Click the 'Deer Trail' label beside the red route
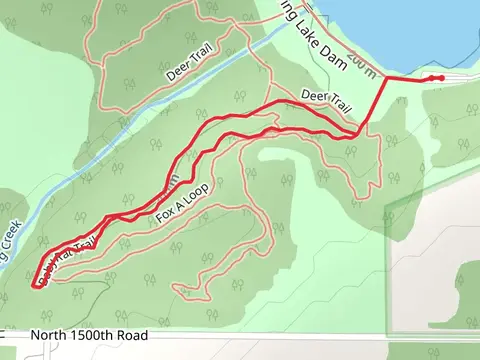pos(326,101)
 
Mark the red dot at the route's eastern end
pos(441,78)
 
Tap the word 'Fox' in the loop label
pos(164,215)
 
